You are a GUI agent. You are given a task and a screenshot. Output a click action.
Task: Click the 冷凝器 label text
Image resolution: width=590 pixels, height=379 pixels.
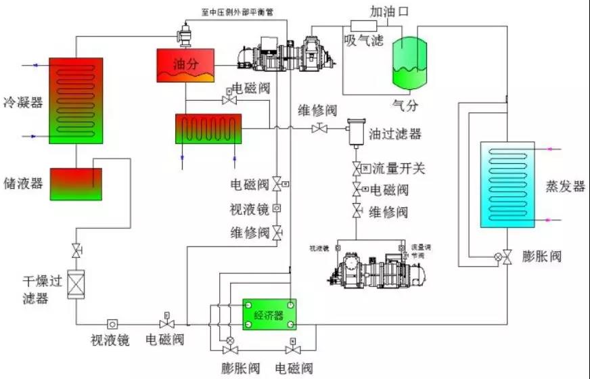click(22, 102)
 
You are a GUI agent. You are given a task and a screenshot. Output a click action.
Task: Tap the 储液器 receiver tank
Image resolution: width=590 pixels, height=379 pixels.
click(76, 183)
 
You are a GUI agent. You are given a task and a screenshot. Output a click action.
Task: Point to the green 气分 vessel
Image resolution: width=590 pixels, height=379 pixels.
click(410, 63)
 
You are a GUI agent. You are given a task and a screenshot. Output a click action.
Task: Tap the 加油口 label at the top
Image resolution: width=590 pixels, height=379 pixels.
click(389, 12)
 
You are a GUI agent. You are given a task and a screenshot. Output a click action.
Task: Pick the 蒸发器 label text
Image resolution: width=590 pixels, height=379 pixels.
click(564, 187)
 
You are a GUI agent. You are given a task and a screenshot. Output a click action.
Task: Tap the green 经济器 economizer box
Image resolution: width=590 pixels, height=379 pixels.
click(268, 315)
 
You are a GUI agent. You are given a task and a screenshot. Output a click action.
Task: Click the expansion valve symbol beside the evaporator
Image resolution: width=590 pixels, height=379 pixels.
click(500, 257)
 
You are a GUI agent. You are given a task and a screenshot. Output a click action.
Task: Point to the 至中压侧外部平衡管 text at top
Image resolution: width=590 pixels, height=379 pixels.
click(239, 12)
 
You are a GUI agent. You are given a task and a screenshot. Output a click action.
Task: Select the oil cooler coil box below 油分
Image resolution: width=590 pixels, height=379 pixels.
click(207, 129)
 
